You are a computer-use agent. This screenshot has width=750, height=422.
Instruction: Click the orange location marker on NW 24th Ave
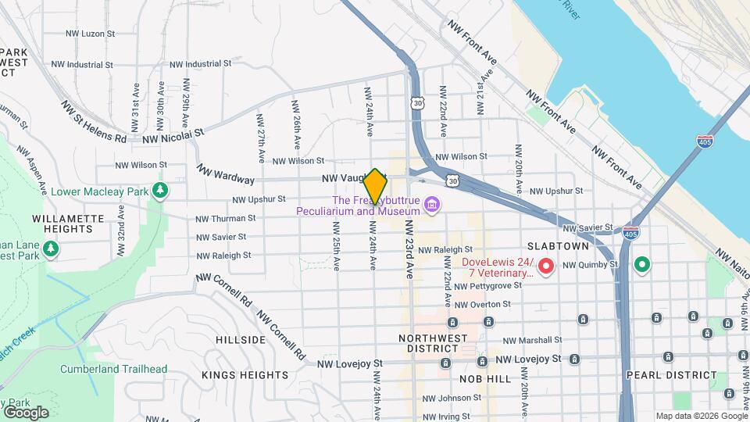click(x=375, y=187)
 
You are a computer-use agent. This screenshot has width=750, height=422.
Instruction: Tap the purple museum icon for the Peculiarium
click(x=431, y=205)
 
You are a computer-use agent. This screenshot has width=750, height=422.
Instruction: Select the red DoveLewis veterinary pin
click(x=548, y=267)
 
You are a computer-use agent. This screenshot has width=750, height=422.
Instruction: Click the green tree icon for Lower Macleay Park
click(x=159, y=190)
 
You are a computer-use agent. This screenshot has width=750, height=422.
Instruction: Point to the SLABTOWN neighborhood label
click(x=580, y=245)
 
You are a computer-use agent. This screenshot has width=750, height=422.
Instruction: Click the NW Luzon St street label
click(x=90, y=34)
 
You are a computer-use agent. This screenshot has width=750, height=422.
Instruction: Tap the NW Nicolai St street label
click(x=173, y=137)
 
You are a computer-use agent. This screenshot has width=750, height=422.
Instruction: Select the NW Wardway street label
click(x=225, y=174)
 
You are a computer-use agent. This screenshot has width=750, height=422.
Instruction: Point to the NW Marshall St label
click(x=532, y=340)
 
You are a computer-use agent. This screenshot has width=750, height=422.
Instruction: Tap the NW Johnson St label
click(x=454, y=399)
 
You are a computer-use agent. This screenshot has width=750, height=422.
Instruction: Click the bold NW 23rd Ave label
click(x=409, y=248)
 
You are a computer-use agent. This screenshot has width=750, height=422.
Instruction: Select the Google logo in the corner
click(x=26, y=413)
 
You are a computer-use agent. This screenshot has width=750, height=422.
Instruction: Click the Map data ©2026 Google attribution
click(x=701, y=416)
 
